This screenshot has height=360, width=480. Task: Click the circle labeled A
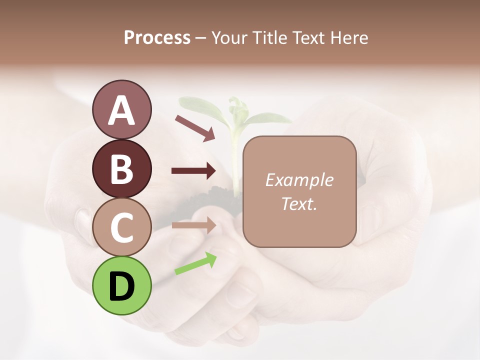[x=121, y=109]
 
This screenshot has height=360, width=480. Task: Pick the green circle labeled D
[x=121, y=285]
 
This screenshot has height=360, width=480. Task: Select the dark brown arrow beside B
[x=193, y=171]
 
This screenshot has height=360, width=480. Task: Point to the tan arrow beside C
[x=193, y=225]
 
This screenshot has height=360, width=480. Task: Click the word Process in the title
[x=157, y=37]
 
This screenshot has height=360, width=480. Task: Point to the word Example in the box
[x=299, y=180]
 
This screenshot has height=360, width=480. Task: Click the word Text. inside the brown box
[x=299, y=203]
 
